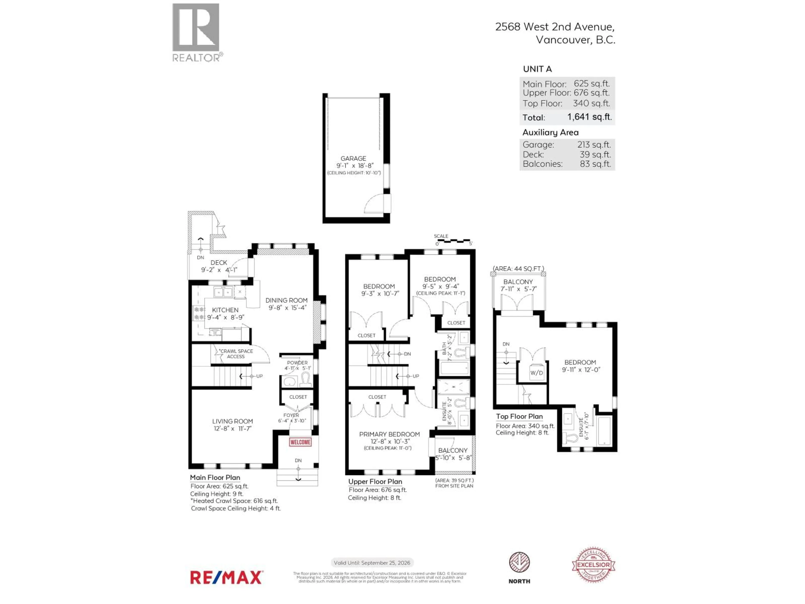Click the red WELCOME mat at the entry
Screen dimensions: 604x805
[x=300, y=442]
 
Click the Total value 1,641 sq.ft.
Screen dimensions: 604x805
[x=589, y=117]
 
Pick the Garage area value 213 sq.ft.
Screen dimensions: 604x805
[x=593, y=144]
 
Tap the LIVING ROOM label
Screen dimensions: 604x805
[x=232, y=421]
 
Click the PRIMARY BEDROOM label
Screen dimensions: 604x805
[x=390, y=434]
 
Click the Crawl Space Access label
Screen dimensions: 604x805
[x=236, y=354]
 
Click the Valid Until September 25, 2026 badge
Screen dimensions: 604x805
[x=371, y=562]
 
